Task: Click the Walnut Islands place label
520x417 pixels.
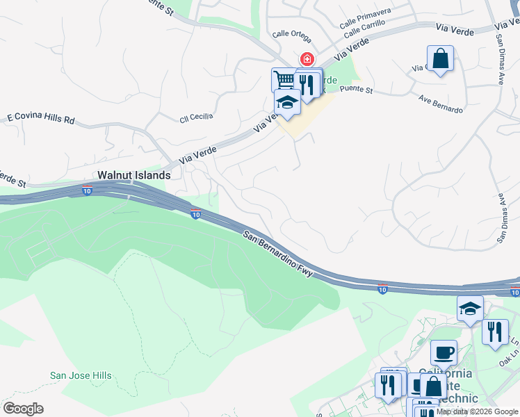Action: pyautogui.click(x=133, y=176)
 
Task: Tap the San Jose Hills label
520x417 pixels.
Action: pyautogui.click(x=81, y=376)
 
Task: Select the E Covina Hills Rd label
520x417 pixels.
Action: pyautogui.click(x=40, y=120)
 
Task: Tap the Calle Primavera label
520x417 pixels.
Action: pyautogui.click(x=366, y=19)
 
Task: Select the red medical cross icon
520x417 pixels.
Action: pyautogui.click(x=306, y=60)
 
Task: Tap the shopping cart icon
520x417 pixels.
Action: pyautogui.click(x=283, y=79)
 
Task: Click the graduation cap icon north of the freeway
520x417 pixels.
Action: pyautogui.click(x=287, y=102)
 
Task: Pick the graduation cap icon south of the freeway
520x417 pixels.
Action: pyautogui.click(x=470, y=308)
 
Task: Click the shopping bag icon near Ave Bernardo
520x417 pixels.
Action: pyautogui.click(x=441, y=59)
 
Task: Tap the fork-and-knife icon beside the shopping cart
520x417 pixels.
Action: pyautogui.click(x=308, y=83)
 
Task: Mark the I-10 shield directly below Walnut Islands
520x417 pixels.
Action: pyautogui.click(x=86, y=190)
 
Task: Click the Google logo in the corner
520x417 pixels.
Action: pyautogui.click(x=23, y=409)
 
